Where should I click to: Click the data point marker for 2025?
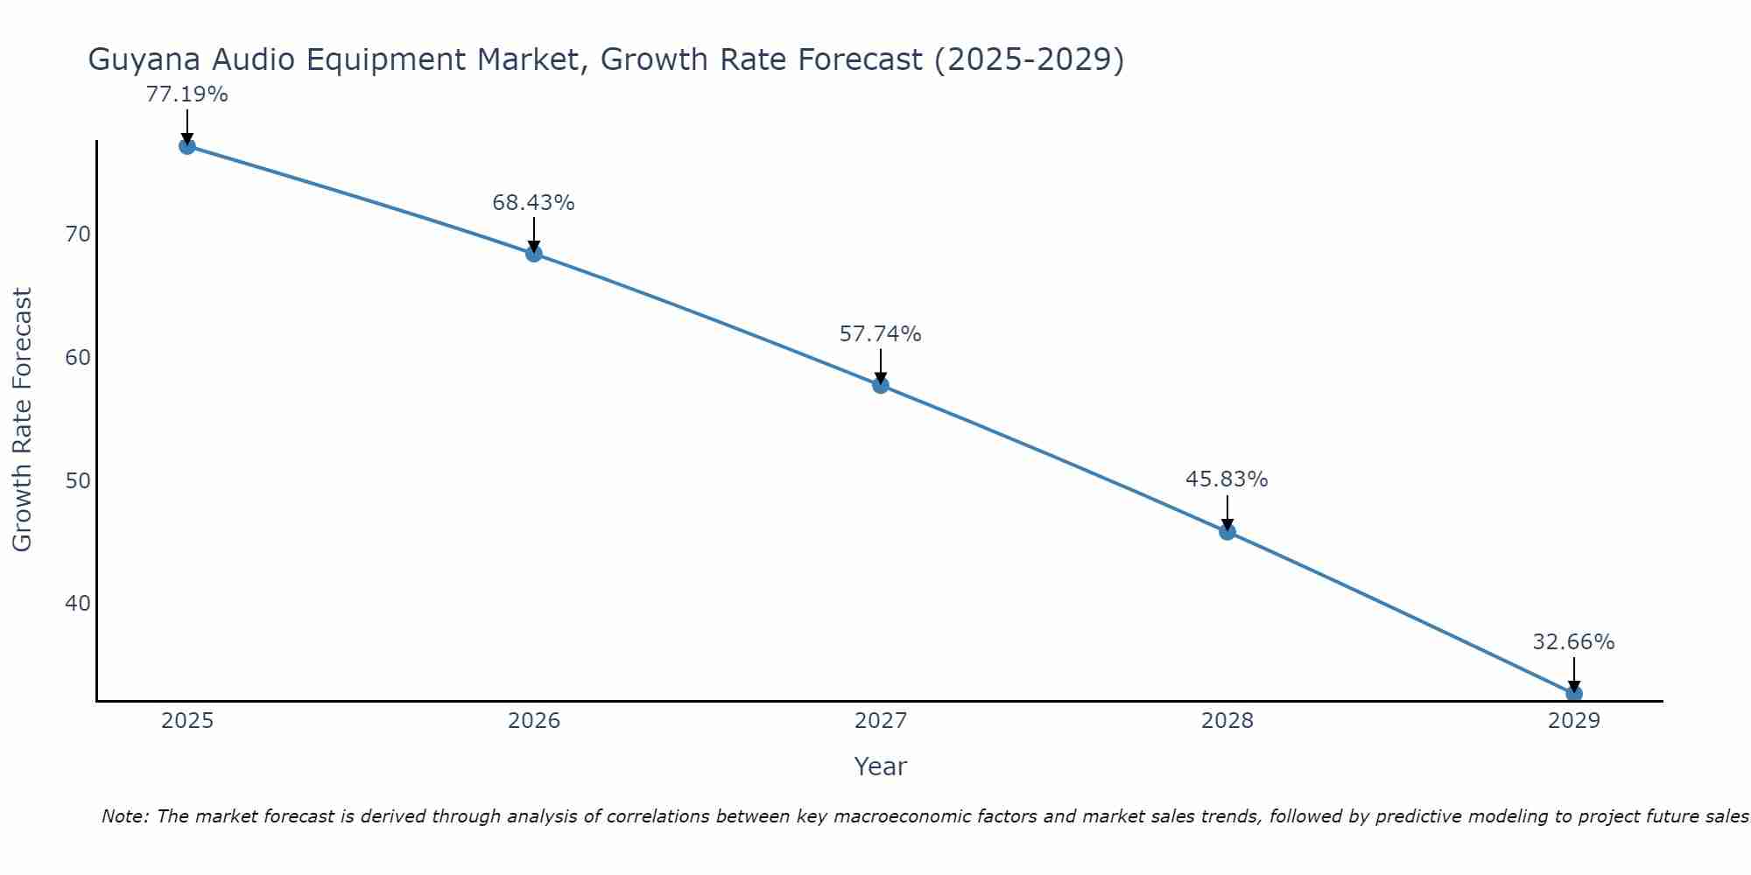[x=186, y=146]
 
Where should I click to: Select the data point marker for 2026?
[x=534, y=254]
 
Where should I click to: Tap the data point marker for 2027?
[x=881, y=385]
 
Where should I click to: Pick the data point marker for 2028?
[x=1227, y=531]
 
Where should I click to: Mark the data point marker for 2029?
[x=1574, y=694]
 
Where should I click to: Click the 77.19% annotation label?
[x=186, y=94]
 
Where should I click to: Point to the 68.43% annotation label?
[x=533, y=203]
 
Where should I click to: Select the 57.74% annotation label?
[x=880, y=334]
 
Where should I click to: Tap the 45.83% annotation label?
[x=1227, y=479]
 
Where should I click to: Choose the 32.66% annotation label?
[x=1573, y=642]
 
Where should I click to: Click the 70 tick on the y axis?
[x=78, y=234]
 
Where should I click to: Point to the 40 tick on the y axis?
[x=78, y=604]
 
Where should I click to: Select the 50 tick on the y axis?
[x=78, y=481]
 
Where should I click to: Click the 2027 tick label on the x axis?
[x=881, y=721]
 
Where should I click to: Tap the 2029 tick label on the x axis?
[x=1574, y=721]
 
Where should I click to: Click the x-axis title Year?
[x=880, y=766]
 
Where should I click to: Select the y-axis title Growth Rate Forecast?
[x=22, y=420]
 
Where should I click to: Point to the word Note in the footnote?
[x=126, y=816]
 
